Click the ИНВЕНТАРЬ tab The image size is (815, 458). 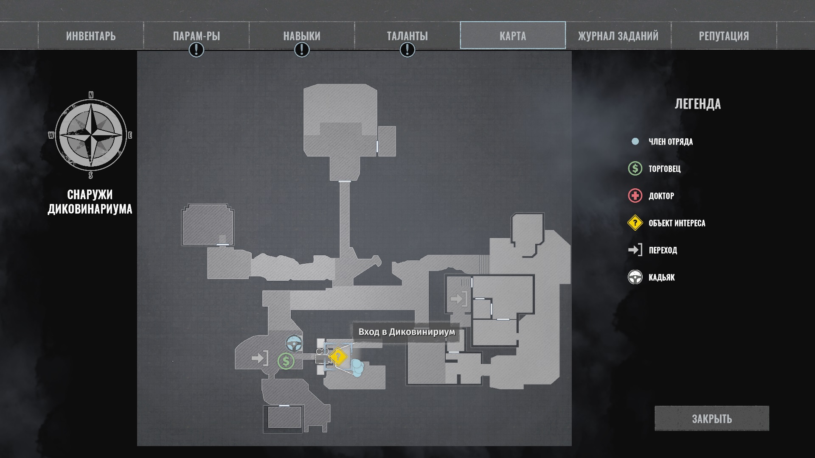(91, 36)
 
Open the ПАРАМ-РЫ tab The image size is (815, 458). (196, 36)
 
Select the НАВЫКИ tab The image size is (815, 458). (302, 36)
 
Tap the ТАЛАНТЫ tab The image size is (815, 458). (407, 36)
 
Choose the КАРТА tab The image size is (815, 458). (513, 36)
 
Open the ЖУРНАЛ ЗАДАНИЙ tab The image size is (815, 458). (618, 36)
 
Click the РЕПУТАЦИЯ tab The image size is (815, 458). (724, 36)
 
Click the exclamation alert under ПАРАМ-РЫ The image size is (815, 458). (196, 50)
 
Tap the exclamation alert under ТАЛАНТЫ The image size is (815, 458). (407, 50)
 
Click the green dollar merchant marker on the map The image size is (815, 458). (286, 361)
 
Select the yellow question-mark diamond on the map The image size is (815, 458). (338, 357)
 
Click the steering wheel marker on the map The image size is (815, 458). (294, 343)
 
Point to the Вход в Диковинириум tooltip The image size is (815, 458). (406, 332)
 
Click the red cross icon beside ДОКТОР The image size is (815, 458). (635, 196)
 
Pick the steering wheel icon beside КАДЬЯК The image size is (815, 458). (635, 277)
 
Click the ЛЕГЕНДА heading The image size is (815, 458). (697, 104)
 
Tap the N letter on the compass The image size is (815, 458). (91, 95)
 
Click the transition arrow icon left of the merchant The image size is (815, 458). (259, 358)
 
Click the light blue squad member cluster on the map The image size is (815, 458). (357, 368)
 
